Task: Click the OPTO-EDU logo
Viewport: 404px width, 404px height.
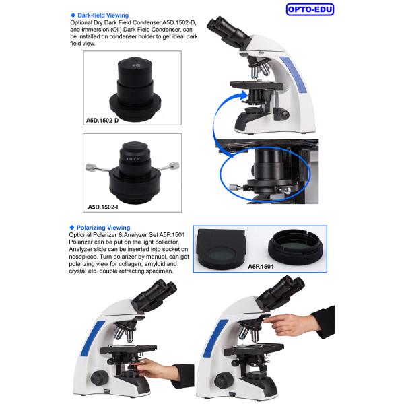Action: pos(310,9)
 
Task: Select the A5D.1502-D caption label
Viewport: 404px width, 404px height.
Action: pos(102,121)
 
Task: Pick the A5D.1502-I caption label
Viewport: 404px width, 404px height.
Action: pos(103,207)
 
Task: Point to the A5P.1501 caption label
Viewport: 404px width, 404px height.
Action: pos(261,267)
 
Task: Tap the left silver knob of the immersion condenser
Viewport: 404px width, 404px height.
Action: pos(91,167)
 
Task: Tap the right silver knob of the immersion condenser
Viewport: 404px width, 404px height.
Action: pos(174,166)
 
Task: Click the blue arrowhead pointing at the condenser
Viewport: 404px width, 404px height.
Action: pos(243,96)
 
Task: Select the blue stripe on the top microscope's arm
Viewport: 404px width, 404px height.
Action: pos(294,75)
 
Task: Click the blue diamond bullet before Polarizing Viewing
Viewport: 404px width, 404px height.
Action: pos(72,228)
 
